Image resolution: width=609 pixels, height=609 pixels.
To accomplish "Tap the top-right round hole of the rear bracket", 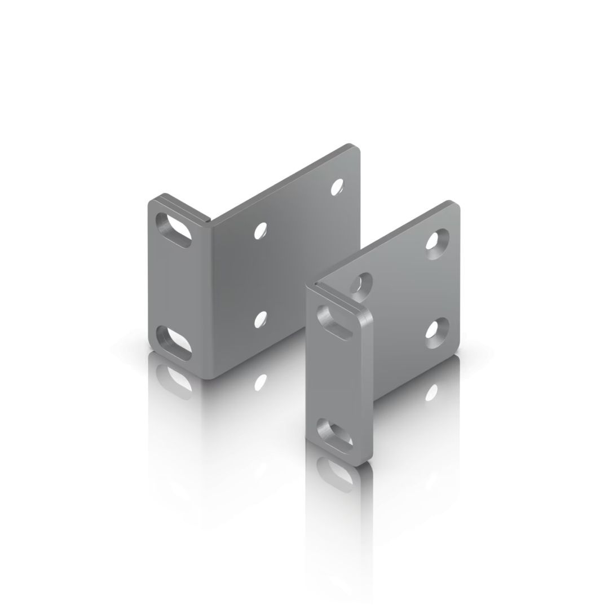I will [x=337, y=187].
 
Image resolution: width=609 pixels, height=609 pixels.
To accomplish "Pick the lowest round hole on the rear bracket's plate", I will [x=261, y=319].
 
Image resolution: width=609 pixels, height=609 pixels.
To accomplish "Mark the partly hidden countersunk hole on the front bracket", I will [x=361, y=283].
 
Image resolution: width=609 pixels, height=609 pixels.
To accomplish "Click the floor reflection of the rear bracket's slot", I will [x=174, y=379].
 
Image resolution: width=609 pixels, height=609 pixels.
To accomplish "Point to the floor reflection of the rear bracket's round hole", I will [x=261, y=382].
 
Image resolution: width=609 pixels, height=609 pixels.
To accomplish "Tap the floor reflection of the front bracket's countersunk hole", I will [x=432, y=391].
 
